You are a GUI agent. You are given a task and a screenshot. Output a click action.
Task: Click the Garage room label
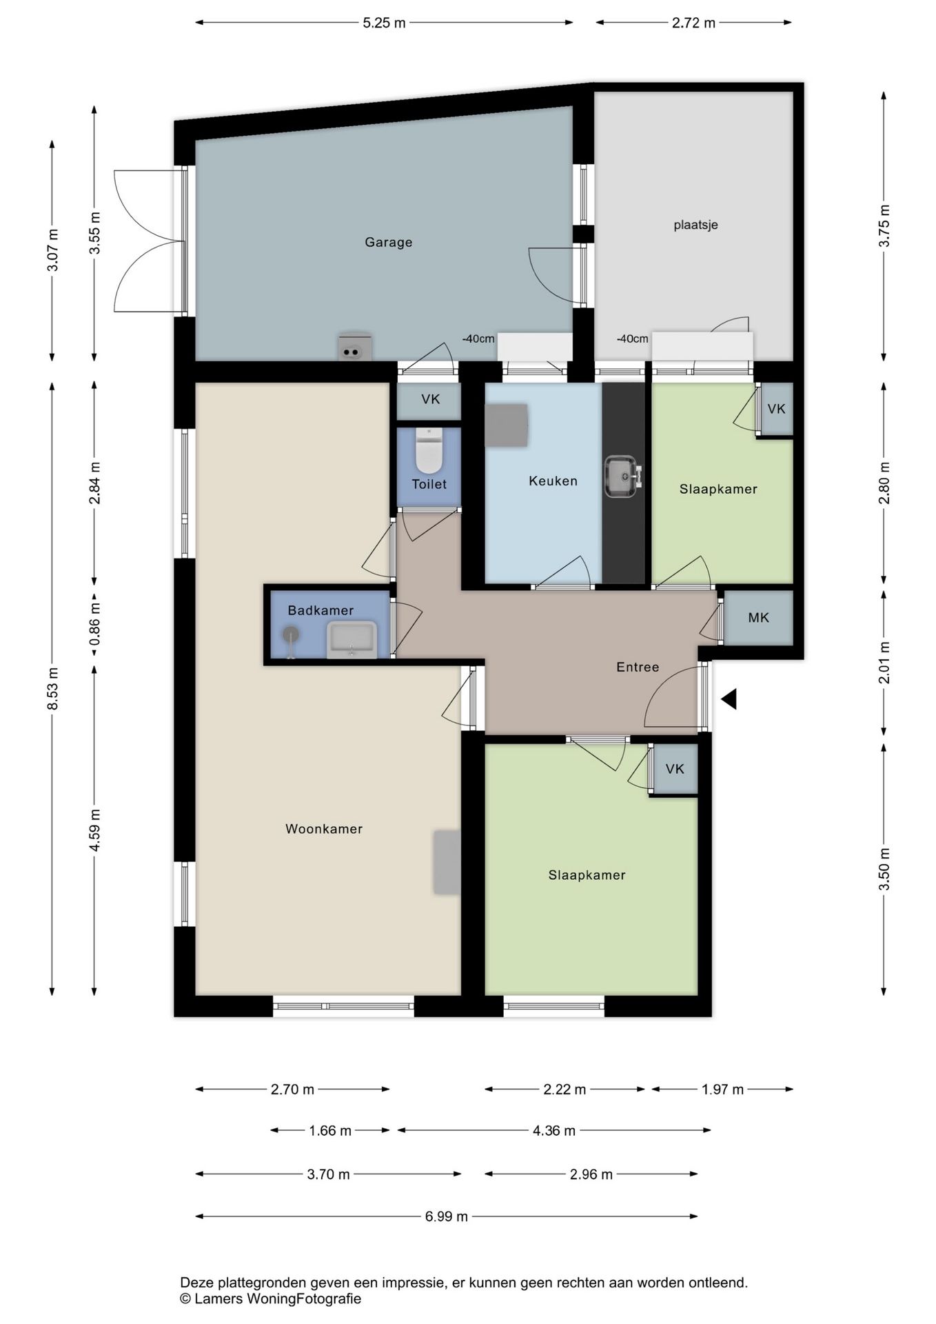click(x=389, y=242)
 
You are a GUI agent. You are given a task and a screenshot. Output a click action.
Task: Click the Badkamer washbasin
click(x=352, y=639)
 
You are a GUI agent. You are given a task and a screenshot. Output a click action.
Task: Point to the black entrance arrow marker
click(x=729, y=699)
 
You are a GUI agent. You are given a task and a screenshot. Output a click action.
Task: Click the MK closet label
click(x=758, y=618)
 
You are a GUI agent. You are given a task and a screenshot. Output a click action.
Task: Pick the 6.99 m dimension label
click(x=447, y=1216)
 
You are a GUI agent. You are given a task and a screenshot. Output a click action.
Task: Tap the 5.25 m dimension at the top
click(x=384, y=23)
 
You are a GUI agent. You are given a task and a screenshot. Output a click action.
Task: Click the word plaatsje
click(x=696, y=225)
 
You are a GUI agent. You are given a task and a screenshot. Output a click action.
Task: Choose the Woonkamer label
click(x=324, y=829)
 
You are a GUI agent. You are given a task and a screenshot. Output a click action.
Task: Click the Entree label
click(x=638, y=667)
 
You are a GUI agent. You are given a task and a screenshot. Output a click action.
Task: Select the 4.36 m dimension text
click(x=554, y=1130)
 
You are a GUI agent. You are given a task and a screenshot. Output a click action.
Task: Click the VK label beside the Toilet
click(x=431, y=399)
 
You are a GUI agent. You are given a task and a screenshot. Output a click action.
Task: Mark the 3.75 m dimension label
click(x=885, y=225)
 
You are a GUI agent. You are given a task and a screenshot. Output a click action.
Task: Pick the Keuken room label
click(x=553, y=481)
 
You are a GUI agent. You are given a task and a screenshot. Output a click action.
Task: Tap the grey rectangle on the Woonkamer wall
click(x=447, y=862)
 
